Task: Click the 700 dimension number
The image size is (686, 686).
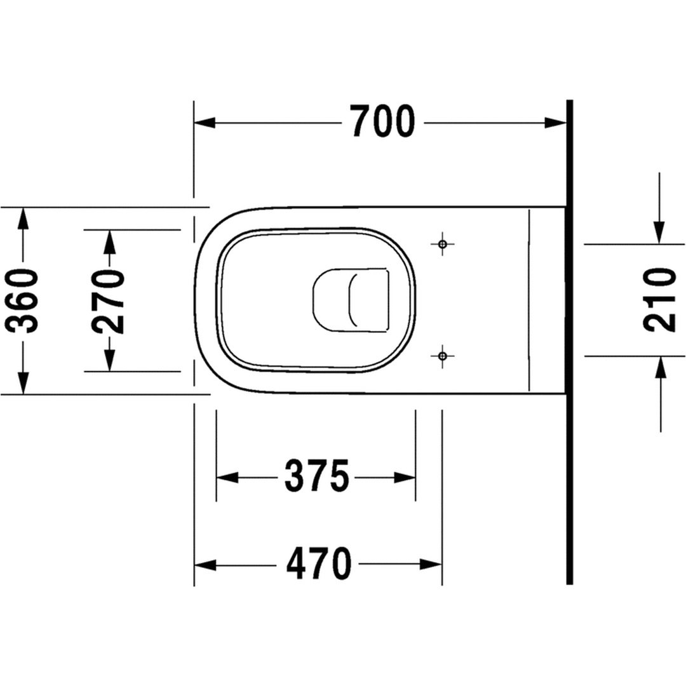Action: (x=383, y=121)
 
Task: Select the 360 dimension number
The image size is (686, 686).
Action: (x=22, y=300)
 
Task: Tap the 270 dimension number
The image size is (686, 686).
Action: (x=109, y=301)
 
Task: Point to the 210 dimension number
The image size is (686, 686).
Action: (x=660, y=300)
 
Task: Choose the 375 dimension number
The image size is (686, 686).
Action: (x=317, y=476)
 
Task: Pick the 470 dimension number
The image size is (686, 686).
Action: (x=318, y=563)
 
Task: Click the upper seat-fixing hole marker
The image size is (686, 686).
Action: (x=442, y=244)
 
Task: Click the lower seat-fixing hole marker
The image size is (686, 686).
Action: (x=442, y=356)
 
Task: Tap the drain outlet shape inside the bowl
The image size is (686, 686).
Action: (x=351, y=300)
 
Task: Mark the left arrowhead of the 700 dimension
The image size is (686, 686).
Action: (x=205, y=123)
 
